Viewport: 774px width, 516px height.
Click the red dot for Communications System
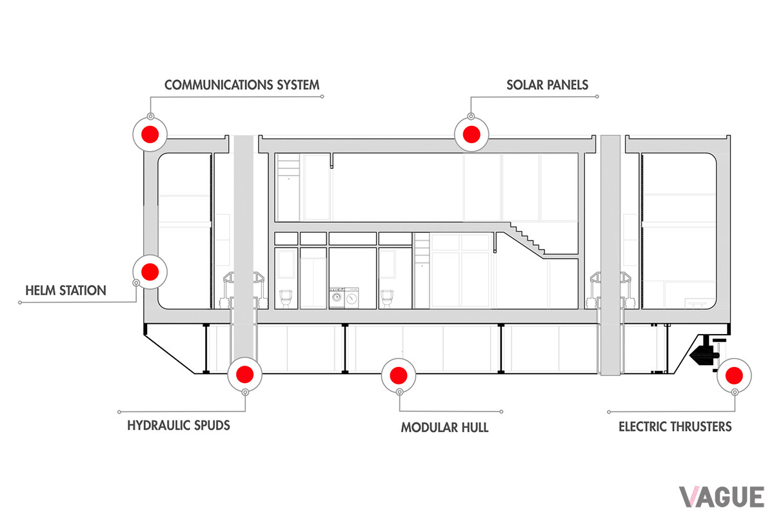(x=150, y=134)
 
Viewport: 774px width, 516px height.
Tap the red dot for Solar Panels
(x=470, y=134)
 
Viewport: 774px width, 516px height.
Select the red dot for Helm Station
(x=150, y=272)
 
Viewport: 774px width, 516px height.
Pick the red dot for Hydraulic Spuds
(x=245, y=373)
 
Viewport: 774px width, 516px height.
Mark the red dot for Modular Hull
(x=397, y=373)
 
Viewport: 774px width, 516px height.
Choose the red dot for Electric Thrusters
(x=735, y=374)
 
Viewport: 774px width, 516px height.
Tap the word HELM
(x=43, y=290)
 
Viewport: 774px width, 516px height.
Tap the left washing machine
(x=337, y=298)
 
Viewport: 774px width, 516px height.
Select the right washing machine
(x=352, y=298)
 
